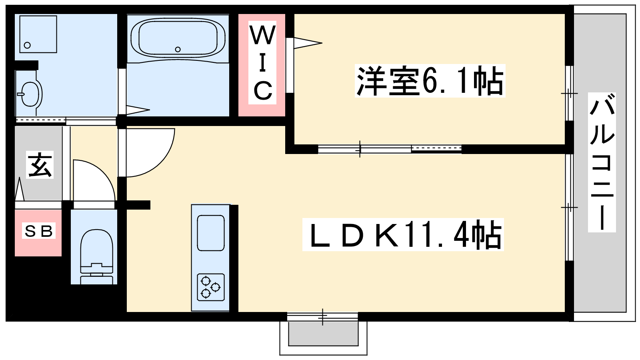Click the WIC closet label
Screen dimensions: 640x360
click(262, 62)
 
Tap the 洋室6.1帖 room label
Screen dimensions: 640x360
click(430, 81)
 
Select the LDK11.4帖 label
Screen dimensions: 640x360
click(403, 234)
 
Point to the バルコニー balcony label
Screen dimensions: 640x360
click(602, 162)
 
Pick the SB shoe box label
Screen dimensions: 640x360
click(38, 231)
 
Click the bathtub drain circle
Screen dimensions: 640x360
click(178, 50)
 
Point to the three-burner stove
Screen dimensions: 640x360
click(210, 287)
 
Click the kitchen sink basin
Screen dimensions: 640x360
click(210, 233)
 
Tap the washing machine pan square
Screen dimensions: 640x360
click(38, 34)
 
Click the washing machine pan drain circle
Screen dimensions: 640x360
click(28, 45)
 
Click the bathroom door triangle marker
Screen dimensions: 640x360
click(138, 110)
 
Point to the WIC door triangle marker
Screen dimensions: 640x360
click(308, 43)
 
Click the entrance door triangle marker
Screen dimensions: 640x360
click(20, 189)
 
